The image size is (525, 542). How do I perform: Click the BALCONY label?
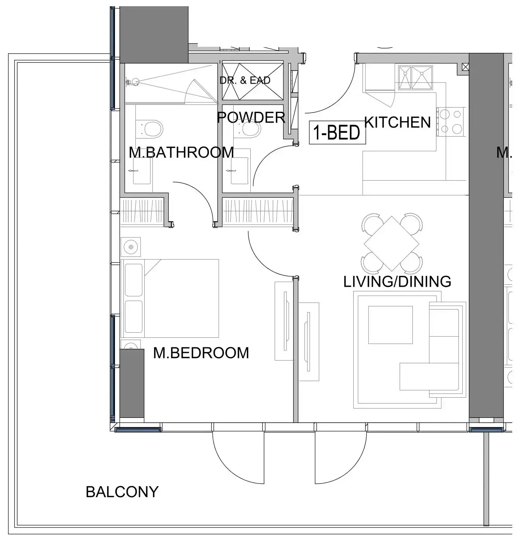pyautogui.click(x=122, y=492)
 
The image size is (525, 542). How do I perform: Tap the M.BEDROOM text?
pyautogui.click(x=201, y=353)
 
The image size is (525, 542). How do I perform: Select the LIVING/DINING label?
pyautogui.click(x=397, y=281)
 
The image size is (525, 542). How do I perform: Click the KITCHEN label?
pyautogui.click(x=397, y=122)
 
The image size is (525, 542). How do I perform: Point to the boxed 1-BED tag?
pyautogui.click(x=337, y=132)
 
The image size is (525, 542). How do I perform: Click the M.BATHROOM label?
pyautogui.click(x=181, y=152)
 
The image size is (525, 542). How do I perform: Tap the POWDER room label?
pyautogui.click(x=251, y=117)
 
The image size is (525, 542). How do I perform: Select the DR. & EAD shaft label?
pyautogui.click(x=245, y=80)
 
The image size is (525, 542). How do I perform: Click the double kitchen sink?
pyautogui.click(x=416, y=77)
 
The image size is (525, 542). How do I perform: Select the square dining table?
pyautogui.click(x=391, y=243)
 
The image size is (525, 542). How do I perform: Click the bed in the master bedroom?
pyautogui.click(x=170, y=298)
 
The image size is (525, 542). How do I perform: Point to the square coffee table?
pyautogui.click(x=390, y=325)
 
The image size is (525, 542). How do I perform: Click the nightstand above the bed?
pyautogui.click(x=130, y=247)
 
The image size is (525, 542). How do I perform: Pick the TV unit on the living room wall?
pyautogui.click(x=309, y=342)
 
